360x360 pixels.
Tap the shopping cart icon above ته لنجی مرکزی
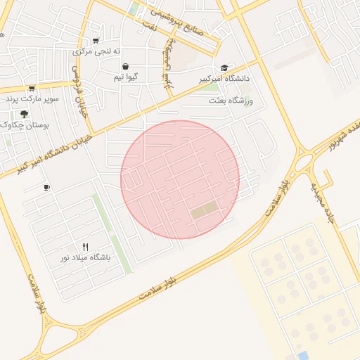point(96,40)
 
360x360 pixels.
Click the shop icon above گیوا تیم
point(125,66)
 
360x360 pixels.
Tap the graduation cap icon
point(224,68)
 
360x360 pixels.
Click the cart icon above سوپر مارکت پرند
point(32,89)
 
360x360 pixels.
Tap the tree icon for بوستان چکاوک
point(25,114)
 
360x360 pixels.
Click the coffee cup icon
point(46,188)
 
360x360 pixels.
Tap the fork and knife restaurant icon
point(86,247)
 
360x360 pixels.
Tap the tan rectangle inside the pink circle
point(204,210)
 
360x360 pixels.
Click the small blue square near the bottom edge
point(302,356)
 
